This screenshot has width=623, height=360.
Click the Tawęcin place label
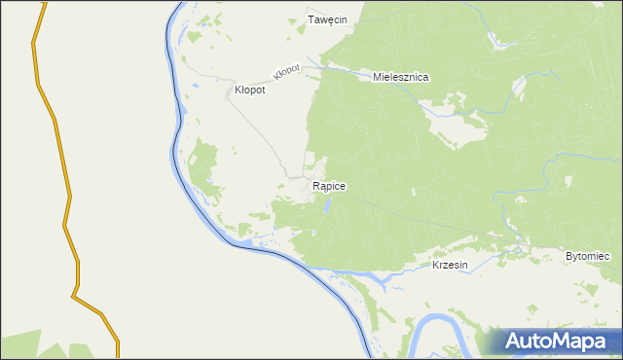tap(328, 19)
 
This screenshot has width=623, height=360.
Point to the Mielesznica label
tap(401, 76)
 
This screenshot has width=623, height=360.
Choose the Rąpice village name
tap(329, 185)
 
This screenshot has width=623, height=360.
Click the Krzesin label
tap(451, 265)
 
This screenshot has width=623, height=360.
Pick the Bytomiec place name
tap(587, 256)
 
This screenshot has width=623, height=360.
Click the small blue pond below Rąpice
tap(328, 205)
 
